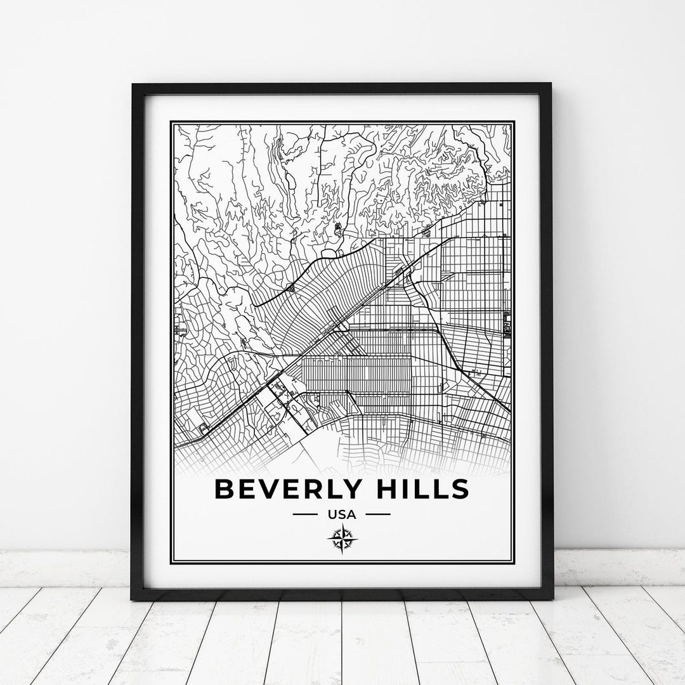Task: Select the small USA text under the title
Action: coord(342,514)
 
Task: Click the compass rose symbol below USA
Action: coord(342,540)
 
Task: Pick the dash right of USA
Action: coord(379,514)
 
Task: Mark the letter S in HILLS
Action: coord(459,489)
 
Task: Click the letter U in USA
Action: coord(332,514)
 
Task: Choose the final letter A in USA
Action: coord(352,514)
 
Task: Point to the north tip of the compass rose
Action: coord(342,526)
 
